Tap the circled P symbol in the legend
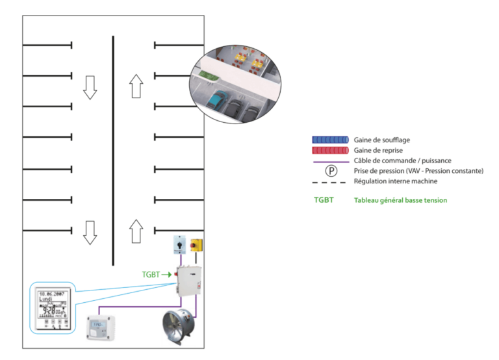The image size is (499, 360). [331, 172]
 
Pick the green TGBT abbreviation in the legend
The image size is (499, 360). [324, 200]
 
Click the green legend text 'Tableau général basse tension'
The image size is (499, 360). [401, 200]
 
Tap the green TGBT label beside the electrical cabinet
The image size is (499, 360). [151, 275]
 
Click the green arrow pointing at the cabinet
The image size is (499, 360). [167, 275]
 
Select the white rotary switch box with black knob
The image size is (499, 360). [179, 244]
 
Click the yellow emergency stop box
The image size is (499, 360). [196, 245]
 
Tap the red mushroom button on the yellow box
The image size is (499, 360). [196, 246]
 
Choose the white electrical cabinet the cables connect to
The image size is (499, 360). [188, 281]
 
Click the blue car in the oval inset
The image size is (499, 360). [218, 99]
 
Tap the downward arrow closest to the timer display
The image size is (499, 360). [90, 232]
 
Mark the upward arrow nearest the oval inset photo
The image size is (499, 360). [135, 86]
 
